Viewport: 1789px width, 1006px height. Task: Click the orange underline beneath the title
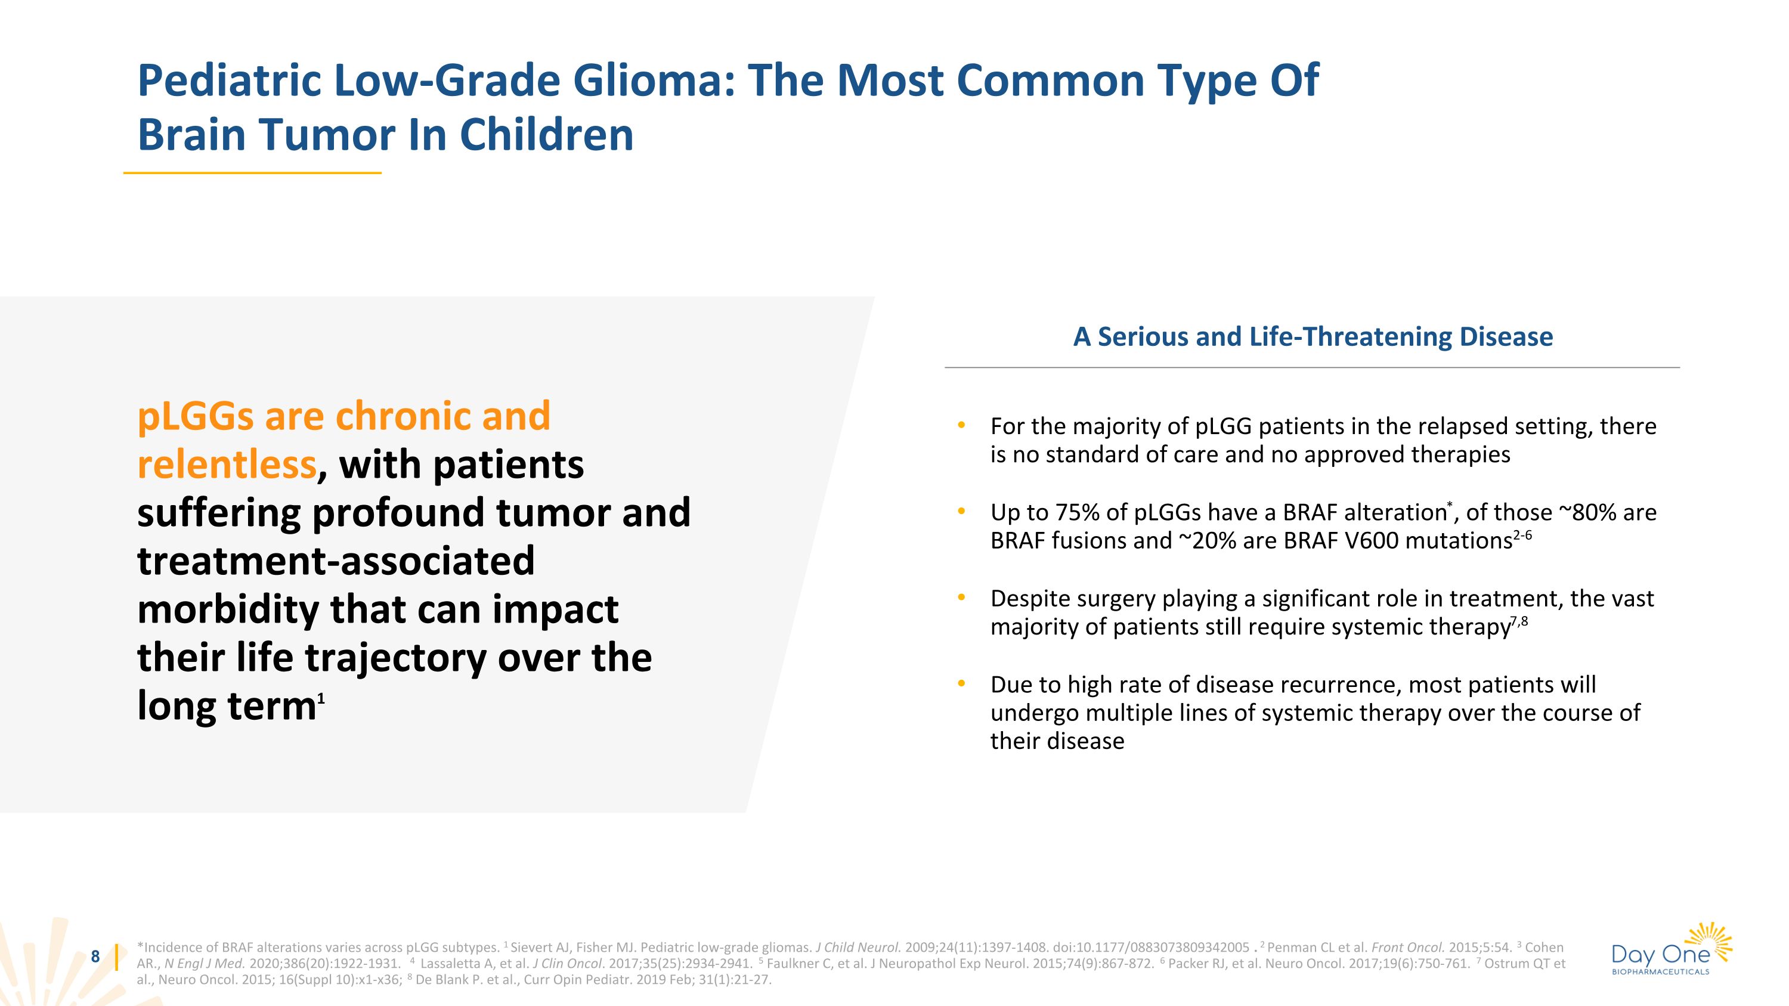[252, 173]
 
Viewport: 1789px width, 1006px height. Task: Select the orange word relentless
[227, 465]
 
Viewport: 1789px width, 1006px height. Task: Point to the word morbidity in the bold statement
[228, 609]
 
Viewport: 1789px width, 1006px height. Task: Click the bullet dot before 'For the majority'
[961, 426]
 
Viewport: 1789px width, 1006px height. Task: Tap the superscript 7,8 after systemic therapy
[1519, 621]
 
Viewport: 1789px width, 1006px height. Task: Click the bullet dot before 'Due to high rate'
[961, 685]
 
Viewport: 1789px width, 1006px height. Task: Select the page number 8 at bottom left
[96, 957]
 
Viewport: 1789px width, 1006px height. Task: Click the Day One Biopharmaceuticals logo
[1671, 950]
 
